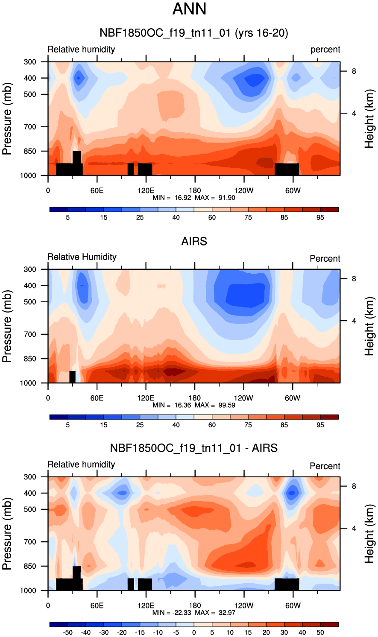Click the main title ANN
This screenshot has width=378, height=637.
point(189,9)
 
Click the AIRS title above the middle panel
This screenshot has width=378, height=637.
point(194,241)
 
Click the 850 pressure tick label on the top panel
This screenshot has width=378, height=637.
point(30,151)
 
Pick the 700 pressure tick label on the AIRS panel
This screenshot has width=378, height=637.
point(30,334)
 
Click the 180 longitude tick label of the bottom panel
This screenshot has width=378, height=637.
point(195,605)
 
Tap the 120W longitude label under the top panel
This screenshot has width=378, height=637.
point(243,190)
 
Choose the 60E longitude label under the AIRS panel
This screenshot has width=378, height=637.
point(97,398)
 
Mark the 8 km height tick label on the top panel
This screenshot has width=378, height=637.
point(354,71)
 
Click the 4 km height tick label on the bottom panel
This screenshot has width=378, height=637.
point(354,528)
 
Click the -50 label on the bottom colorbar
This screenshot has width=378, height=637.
point(67,632)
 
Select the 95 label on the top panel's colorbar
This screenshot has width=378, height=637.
point(320,217)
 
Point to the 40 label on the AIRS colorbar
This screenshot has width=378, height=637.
point(176,425)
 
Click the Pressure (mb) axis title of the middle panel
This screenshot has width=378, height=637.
point(7,326)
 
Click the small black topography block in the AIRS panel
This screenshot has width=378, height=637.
point(72,377)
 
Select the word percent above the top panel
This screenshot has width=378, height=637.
point(325,50)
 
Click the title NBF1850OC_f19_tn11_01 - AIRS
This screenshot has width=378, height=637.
point(193,448)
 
